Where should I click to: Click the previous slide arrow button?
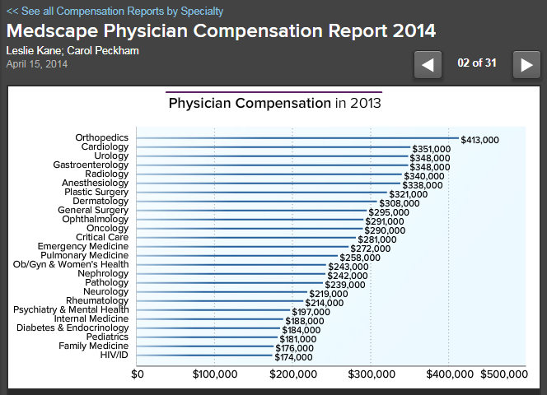[428, 64]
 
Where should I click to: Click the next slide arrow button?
[526, 64]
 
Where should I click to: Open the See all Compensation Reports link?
[115, 12]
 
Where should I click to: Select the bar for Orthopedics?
[297, 138]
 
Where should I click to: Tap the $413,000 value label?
[479, 140]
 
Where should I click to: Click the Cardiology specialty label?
[105, 146]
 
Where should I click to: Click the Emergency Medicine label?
[83, 246]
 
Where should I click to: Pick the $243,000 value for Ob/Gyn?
[348, 267]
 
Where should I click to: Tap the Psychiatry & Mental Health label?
[71, 309]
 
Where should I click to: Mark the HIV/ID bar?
[205, 355]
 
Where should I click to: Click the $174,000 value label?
[293, 357]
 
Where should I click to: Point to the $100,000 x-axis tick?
[215, 374]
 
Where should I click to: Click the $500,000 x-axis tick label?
[503, 374]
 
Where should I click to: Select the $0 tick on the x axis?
[138, 374]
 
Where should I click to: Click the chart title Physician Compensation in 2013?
[274, 104]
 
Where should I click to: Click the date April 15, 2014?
[38, 63]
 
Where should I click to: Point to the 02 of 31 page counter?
[477, 63]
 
